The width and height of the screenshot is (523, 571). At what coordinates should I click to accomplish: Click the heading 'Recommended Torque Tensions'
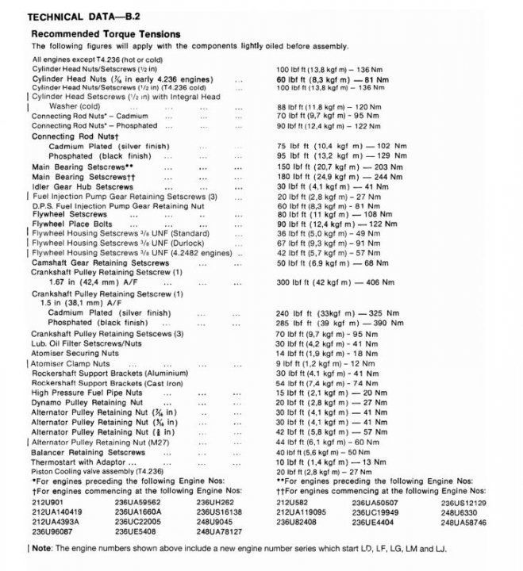[106, 34]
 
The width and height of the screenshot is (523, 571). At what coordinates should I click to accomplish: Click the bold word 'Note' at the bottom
[42, 548]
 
